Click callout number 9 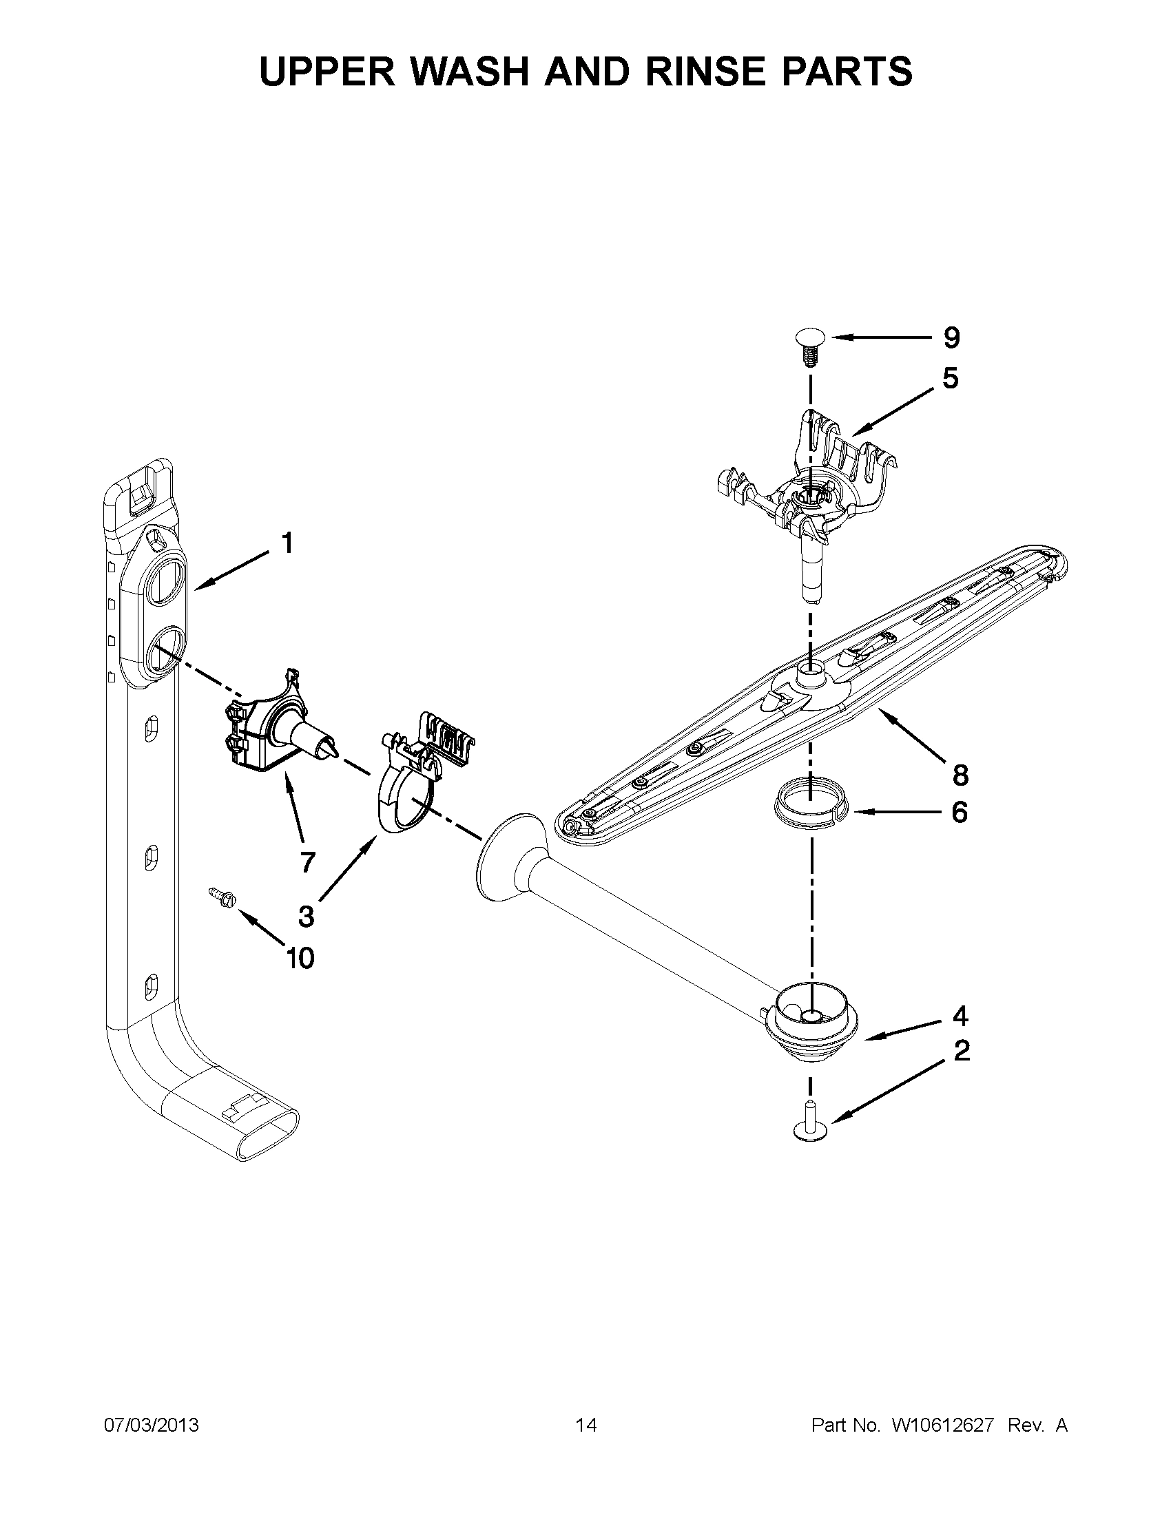952,338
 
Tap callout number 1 287,543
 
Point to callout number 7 307,861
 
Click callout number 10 300,958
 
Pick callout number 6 960,812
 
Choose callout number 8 960,775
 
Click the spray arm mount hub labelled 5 809,499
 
